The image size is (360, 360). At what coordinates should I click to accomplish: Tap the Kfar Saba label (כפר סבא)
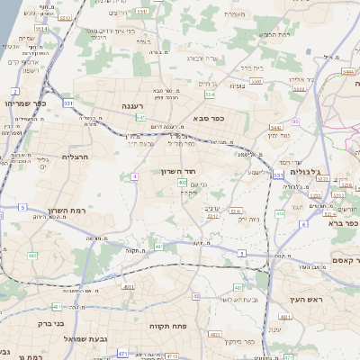(x=209, y=118)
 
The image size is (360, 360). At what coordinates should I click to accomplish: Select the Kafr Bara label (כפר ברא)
(x=340, y=222)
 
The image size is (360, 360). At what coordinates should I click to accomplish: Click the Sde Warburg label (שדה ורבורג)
(x=203, y=58)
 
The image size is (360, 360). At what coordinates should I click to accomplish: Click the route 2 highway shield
(x=15, y=91)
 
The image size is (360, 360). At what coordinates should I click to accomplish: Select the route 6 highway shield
(x=304, y=224)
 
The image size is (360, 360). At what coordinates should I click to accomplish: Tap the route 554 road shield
(x=210, y=94)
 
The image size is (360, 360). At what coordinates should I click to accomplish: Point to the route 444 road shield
(x=281, y=213)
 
